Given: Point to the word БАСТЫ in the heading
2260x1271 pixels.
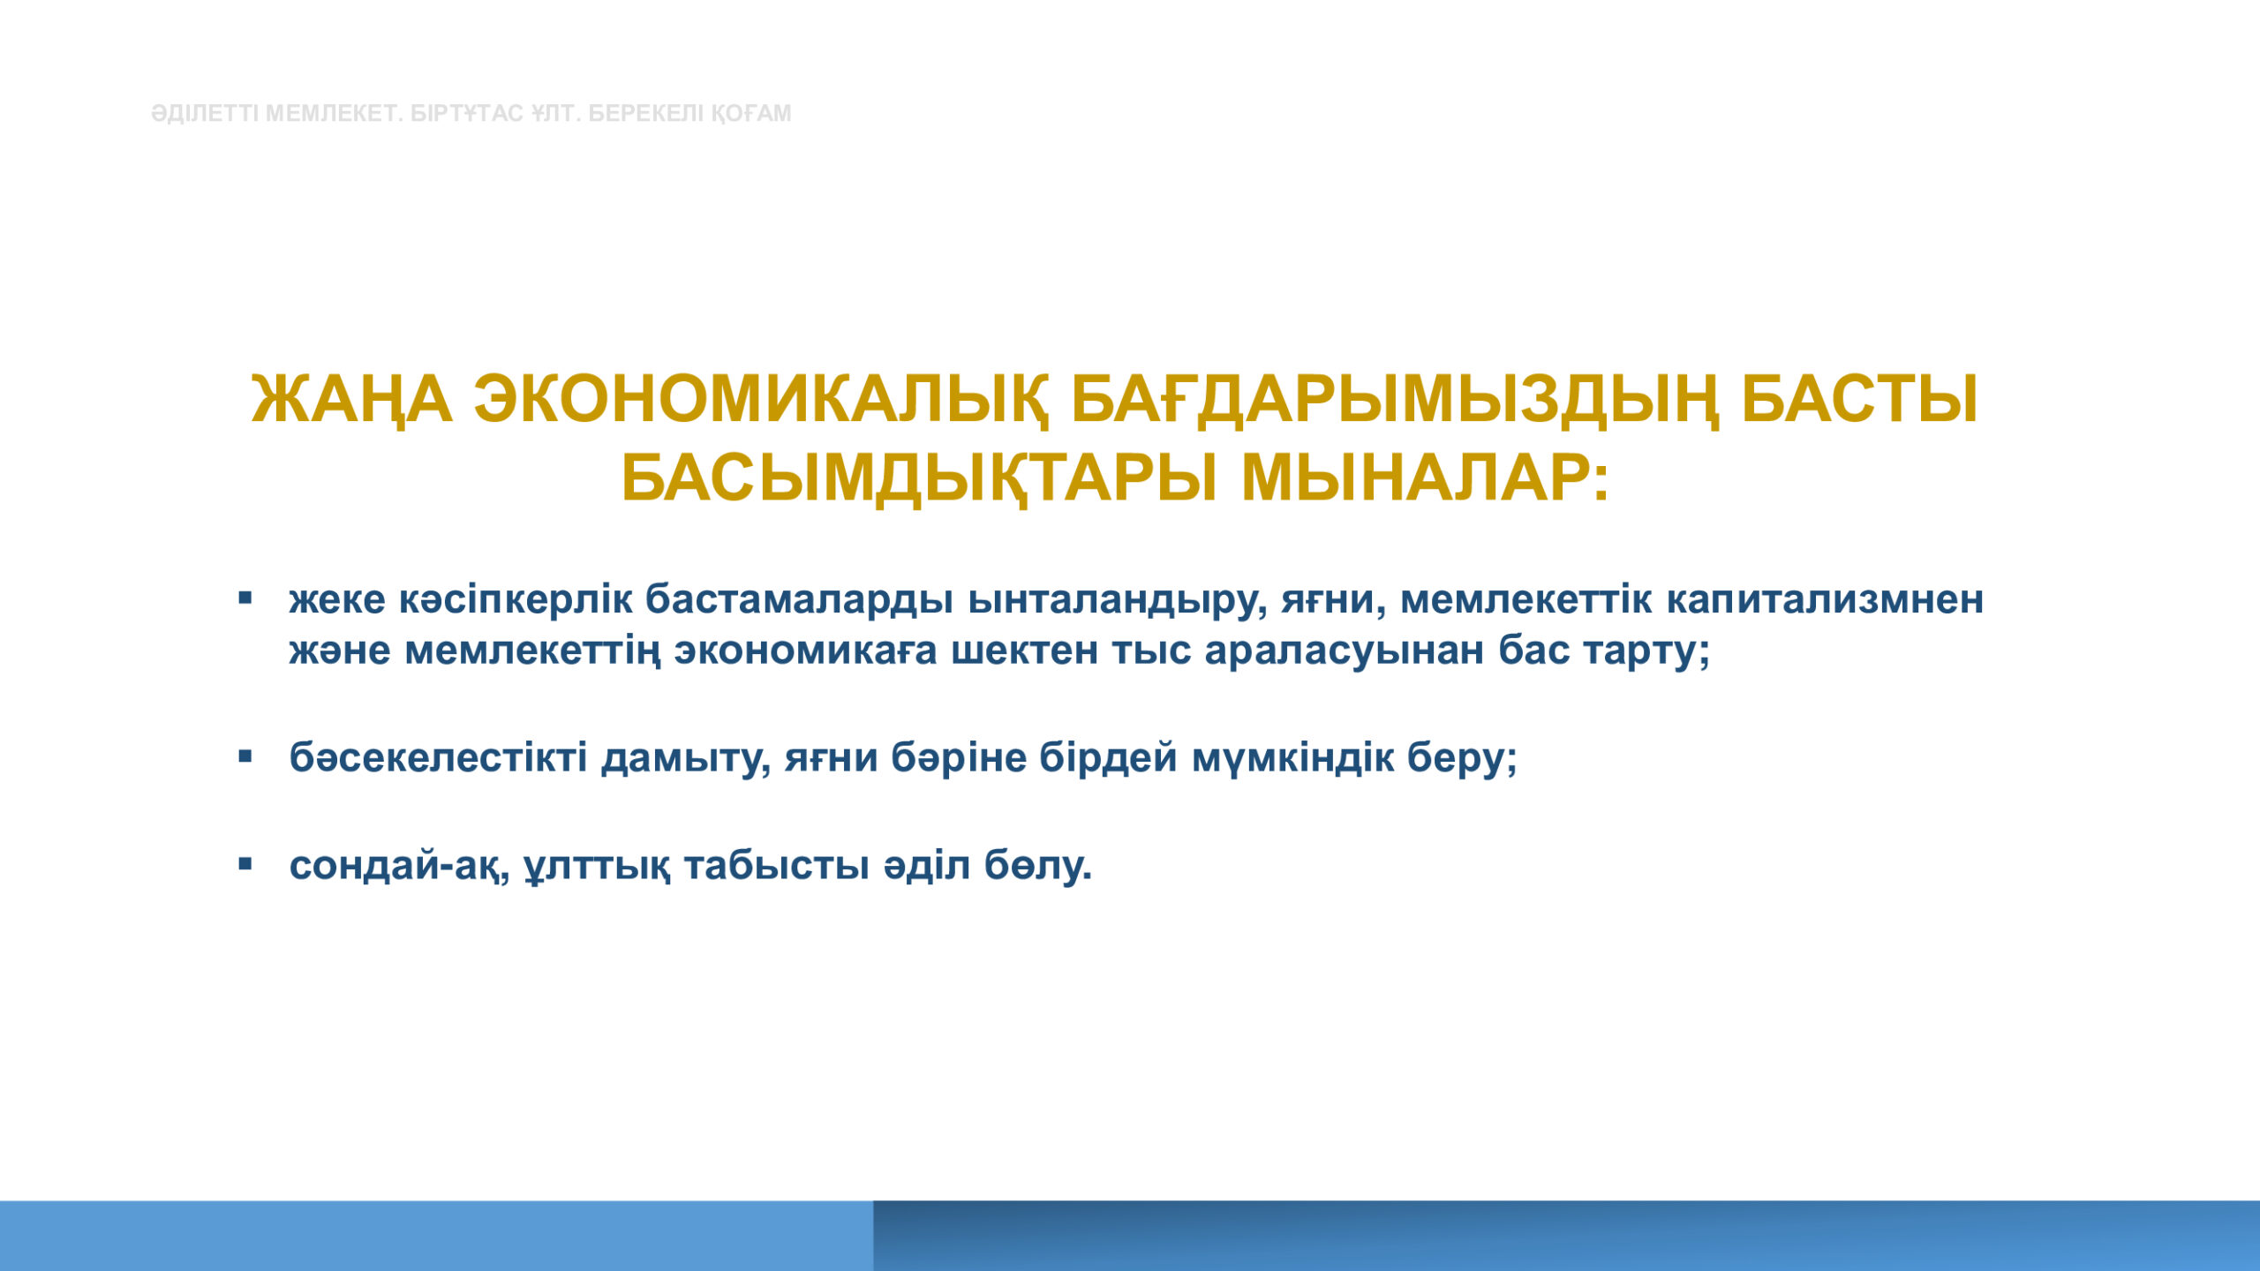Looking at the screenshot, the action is tap(1859, 400).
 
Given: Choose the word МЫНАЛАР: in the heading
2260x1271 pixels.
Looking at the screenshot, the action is tap(1426, 478).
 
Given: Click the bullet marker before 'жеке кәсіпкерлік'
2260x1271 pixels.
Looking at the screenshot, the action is tap(245, 599).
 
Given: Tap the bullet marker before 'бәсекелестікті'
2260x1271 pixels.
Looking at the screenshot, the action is tap(245, 757).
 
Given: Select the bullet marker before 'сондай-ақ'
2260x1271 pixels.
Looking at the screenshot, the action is tap(245, 864).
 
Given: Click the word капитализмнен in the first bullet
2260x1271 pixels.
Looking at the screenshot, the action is tap(1825, 601).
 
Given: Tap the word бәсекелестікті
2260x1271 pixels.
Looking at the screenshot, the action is tap(438, 757).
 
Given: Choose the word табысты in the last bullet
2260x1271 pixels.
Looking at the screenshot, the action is tap(777, 866).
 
